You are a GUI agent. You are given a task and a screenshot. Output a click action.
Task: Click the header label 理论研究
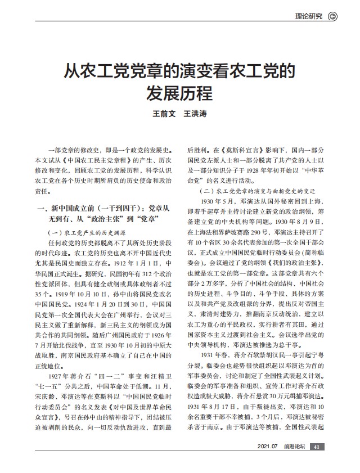(309, 16)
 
